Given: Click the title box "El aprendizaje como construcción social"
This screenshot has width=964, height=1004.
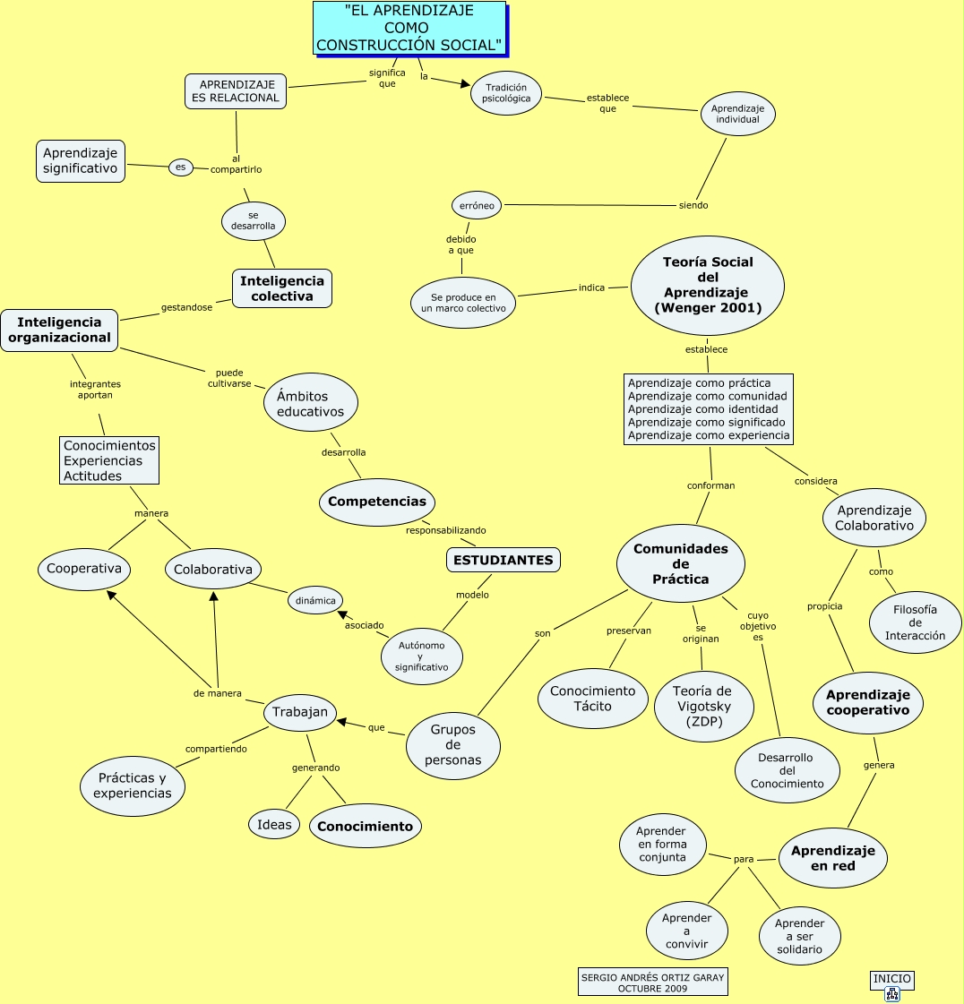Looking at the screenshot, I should click(408, 28).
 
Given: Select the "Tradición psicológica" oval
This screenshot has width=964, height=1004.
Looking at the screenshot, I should click(506, 93).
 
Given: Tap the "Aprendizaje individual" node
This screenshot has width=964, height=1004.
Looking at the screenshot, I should click(737, 114).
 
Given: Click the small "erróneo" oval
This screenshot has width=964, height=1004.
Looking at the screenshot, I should click(477, 205).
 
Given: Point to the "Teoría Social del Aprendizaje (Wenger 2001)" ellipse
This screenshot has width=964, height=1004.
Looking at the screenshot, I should click(708, 286).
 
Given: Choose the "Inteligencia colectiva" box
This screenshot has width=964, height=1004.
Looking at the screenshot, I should click(282, 288).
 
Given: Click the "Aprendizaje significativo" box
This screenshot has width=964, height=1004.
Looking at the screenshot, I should click(81, 161).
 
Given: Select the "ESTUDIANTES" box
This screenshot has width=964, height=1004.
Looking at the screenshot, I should click(503, 560).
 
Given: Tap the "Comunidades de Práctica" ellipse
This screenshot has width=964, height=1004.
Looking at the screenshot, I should click(681, 563).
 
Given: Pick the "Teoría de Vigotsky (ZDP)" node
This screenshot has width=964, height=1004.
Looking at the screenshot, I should click(702, 706).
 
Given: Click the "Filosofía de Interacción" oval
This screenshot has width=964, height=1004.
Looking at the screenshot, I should click(915, 622).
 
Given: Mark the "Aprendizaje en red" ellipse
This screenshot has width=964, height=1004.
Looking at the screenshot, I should click(833, 858).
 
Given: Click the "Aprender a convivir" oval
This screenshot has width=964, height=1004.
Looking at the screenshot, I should click(687, 931).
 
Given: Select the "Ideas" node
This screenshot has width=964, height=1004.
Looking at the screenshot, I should click(274, 825).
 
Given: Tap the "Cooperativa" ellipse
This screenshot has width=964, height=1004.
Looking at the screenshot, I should click(84, 569).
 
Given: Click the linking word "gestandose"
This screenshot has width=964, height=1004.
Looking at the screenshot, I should click(187, 307).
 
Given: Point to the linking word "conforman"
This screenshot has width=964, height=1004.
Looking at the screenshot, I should click(711, 485).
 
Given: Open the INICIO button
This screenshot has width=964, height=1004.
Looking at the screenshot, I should click(891, 984).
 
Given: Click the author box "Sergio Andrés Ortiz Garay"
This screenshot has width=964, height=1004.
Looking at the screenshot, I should click(652, 983).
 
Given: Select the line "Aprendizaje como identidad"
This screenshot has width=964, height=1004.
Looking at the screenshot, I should click(708, 409).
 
